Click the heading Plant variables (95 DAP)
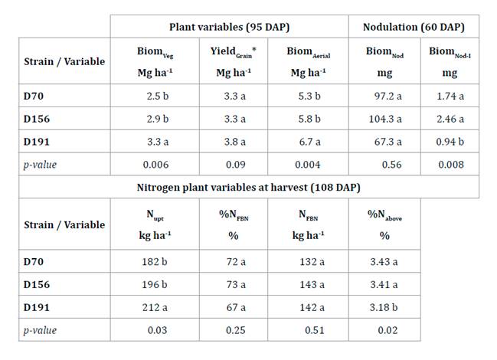click(x=227, y=27)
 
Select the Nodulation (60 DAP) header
click(x=414, y=27)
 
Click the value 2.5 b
click(x=149, y=97)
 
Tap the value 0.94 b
click(x=450, y=142)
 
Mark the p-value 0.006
click(x=149, y=164)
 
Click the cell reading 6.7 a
click(x=309, y=142)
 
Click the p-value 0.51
click(x=309, y=330)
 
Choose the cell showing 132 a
click(x=309, y=263)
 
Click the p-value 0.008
click(x=450, y=164)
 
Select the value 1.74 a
click(x=450, y=97)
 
